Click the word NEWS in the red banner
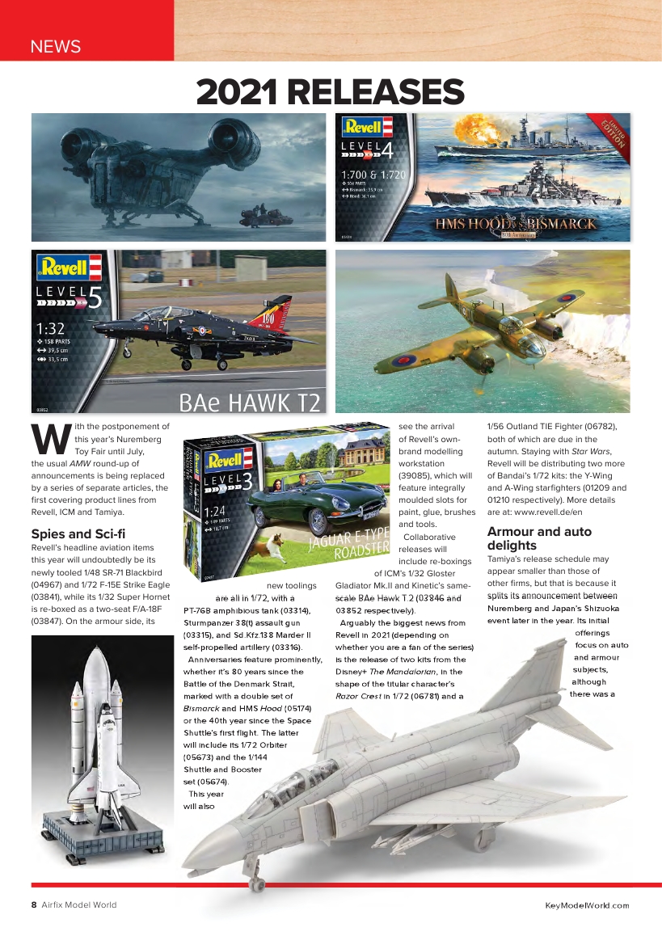coord(55,46)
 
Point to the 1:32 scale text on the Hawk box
coord(51,330)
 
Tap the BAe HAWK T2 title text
coord(250,401)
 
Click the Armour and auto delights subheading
coord(539,538)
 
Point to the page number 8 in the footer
coord(34,904)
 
